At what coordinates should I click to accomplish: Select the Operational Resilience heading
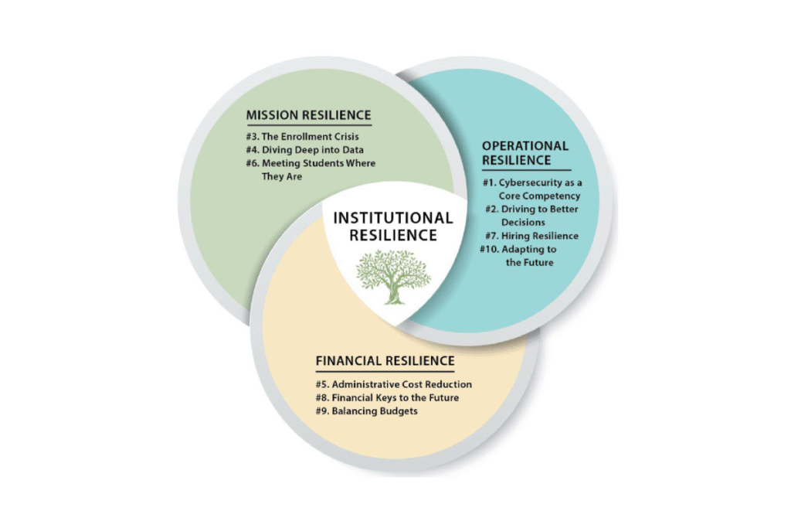pos(525,153)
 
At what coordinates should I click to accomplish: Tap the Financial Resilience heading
pos(385,361)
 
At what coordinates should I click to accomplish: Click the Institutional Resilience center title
pos(392,227)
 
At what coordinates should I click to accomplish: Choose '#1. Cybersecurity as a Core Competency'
pos(532,189)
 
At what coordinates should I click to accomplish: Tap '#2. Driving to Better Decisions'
pos(531,216)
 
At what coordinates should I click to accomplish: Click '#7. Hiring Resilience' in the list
pos(531,236)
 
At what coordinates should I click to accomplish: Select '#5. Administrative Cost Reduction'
pos(393,384)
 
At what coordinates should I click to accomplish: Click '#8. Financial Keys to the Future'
pos(387,398)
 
